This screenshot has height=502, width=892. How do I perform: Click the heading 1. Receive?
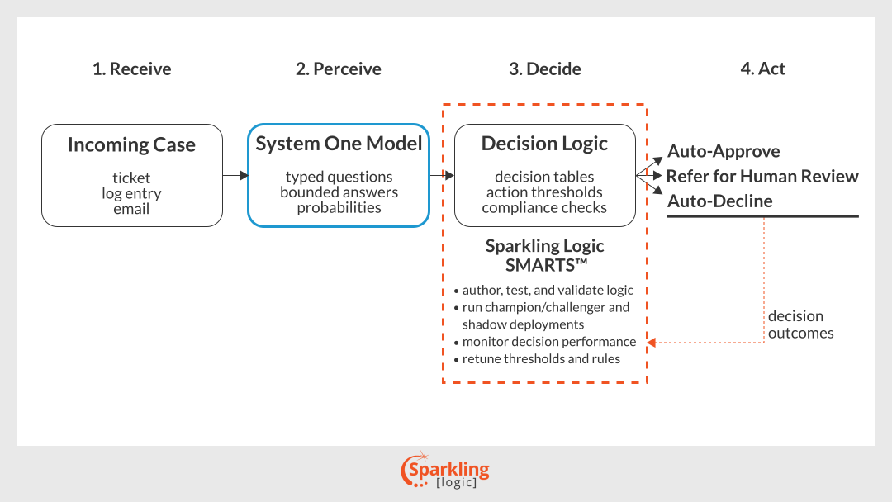132,69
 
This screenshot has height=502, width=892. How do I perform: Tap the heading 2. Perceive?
339,69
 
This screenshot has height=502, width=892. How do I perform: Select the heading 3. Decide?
545,69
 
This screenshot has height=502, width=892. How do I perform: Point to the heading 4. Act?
763,69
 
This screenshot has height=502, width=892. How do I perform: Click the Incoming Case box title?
131,144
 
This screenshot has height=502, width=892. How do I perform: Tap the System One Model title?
339,144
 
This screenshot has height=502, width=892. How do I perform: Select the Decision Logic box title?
544,144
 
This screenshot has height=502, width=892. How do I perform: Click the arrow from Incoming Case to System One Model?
235,175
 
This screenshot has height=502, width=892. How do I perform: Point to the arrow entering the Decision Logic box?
442,175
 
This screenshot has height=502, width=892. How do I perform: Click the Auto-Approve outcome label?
724,151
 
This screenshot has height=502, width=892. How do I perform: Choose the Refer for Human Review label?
762,176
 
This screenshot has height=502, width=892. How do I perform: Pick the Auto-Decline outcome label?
720,201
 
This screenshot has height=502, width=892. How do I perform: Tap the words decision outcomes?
801,324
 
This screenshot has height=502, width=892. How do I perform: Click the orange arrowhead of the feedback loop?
652,343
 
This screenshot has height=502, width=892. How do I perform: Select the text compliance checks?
544,207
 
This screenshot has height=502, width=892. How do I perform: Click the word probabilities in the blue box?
339,207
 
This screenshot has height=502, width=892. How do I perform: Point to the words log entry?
131,193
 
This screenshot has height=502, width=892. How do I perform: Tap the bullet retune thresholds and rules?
537,358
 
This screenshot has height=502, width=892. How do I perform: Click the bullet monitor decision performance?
545,342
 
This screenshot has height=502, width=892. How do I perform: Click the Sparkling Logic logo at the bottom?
445,470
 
